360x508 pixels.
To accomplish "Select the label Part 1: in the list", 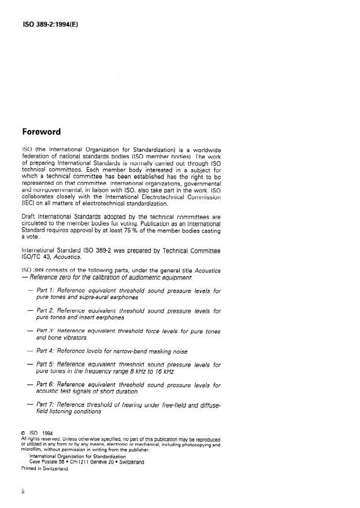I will pos(49,291).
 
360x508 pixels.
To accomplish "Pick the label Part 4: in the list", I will pos(49,350).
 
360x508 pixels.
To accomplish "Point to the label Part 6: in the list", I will pos(49,384).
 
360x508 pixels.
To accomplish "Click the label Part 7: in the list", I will pos(49,405).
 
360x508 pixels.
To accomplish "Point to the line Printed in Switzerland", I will pos(44,469).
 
